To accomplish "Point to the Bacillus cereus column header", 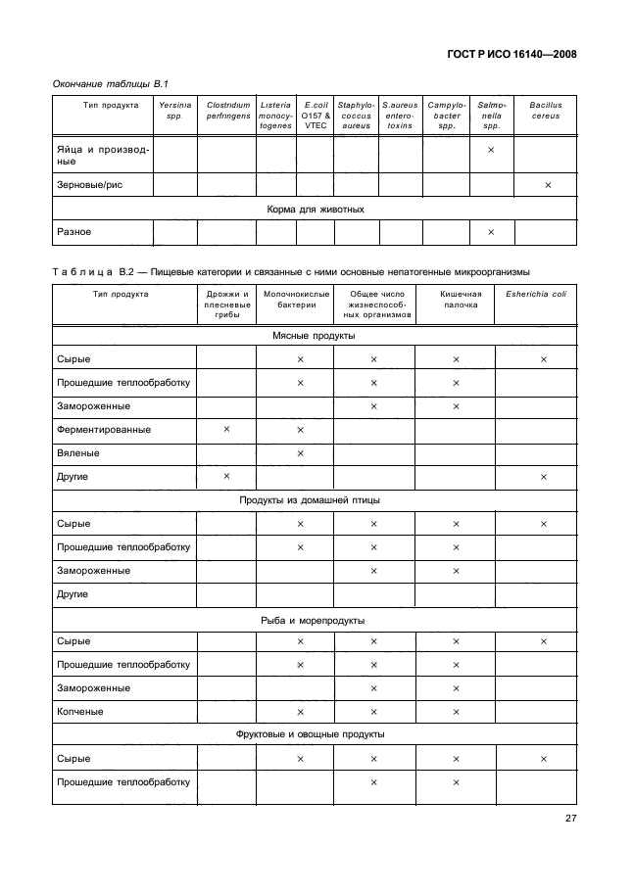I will (x=545, y=109).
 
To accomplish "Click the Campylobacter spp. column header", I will (x=446, y=115).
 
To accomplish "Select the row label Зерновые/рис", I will (x=89, y=184).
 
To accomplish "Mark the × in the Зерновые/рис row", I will (x=547, y=184).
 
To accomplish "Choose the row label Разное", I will (x=74, y=232).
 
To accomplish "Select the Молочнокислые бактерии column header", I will (x=296, y=299).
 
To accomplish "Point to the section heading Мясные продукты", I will (x=313, y=335).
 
